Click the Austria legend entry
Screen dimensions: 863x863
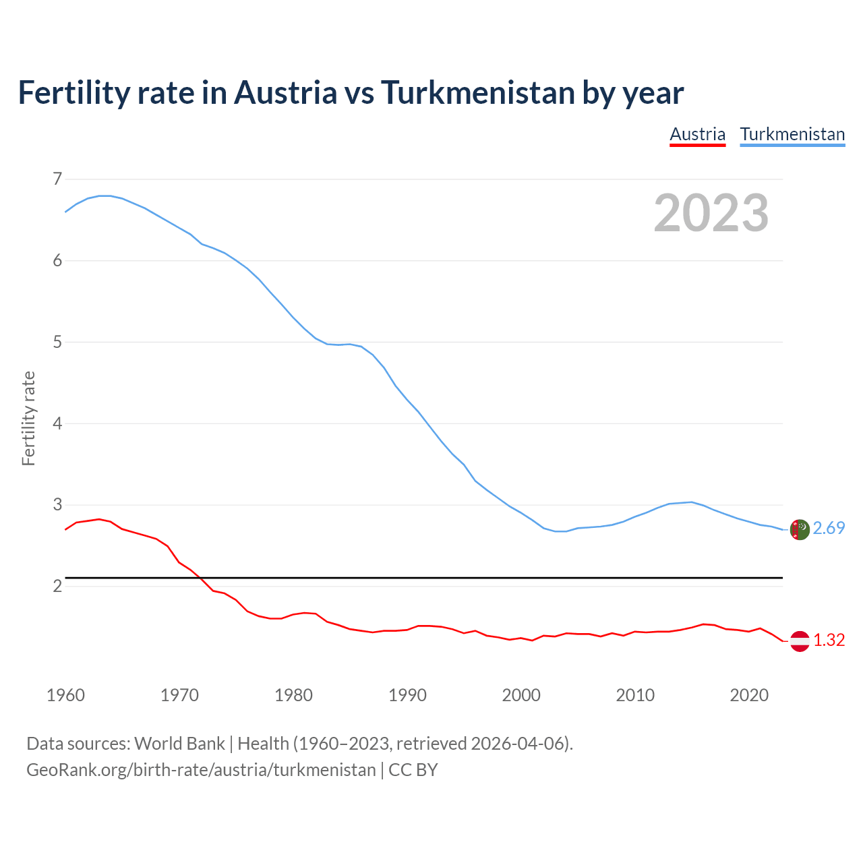[697, 134]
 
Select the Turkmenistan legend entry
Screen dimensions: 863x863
[792, 134]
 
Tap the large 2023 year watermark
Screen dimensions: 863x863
[711, 213]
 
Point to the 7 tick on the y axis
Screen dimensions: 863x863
[57, 179]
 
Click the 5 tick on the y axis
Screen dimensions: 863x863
[57, 342]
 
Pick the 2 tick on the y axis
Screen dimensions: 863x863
[57, 586]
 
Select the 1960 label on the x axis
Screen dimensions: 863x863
[65, 695]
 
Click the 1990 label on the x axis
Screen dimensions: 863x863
[407, 695]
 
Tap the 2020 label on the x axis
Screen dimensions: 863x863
[749, 695]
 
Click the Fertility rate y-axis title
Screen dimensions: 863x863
[28, 418]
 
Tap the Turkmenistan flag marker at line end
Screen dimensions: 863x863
[800, 529]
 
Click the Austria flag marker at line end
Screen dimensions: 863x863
[800, 641]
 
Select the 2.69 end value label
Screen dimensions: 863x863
[829, 529]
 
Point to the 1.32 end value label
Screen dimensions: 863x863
[829, 641]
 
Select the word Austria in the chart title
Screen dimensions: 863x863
[285, 92]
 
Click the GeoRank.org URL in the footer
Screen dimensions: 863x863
[201, 770]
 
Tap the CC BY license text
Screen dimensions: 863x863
[413, 770]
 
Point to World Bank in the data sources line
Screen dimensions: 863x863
[179, 744]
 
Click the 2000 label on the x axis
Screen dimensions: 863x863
[521, 695]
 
